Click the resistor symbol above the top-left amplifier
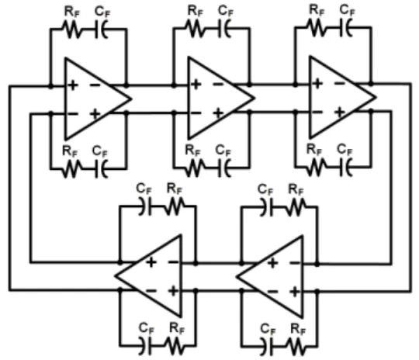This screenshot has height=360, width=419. click(71, 29)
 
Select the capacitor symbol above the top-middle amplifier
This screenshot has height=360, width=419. click(224, 29)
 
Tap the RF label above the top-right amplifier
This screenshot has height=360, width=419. click(317, 10)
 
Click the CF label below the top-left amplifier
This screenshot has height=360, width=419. click(99, 151)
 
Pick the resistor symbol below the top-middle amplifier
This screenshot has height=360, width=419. click(195, 168)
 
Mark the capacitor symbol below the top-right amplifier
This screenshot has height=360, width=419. click(346, 168)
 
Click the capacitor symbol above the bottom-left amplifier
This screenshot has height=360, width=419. click(145, 206)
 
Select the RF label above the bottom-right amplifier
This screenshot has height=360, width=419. click(296, 189)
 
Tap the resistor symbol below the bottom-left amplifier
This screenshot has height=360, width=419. click(174, 346)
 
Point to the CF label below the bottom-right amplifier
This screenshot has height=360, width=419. click(268, 329)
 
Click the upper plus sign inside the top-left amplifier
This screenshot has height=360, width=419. click(73, 85)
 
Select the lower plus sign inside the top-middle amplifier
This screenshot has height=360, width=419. click(218, 112)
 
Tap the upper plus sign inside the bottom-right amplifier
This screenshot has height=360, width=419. click(273, 263)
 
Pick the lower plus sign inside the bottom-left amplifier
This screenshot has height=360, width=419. click(174, 290)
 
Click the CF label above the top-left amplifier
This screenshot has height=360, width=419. click(102, 12)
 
